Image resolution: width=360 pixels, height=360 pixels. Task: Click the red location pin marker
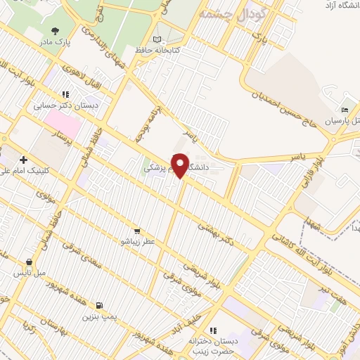click(180, 166)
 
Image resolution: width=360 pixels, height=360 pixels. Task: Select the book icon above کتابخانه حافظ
click(157, 40)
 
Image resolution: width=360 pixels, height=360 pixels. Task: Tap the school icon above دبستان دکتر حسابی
click(66, 94)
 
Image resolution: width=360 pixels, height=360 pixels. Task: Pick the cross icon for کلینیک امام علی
click(24, 160)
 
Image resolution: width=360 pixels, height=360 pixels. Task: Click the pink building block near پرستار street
click(62, 122)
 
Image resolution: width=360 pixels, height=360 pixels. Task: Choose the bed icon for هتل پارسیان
click(345, 111)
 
